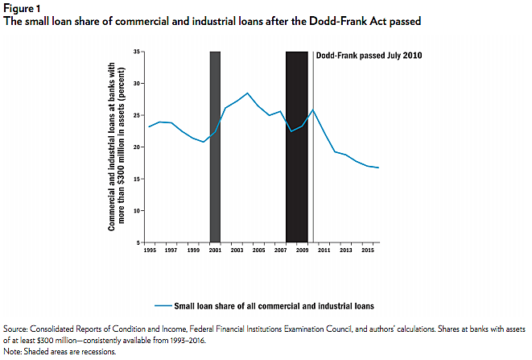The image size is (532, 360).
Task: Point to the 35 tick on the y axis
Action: tap(138, 52)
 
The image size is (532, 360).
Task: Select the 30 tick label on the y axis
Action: tap(138, 84)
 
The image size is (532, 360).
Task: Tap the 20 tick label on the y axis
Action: tap(138, 147)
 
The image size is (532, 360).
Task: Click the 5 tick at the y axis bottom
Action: tap(139, 242)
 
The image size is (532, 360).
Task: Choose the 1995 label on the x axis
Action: tap(150, 251)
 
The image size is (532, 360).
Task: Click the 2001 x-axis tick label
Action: tap(215, 251)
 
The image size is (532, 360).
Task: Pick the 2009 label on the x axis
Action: tap(302, 251)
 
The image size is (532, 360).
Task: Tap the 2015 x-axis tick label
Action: tap(367, 251)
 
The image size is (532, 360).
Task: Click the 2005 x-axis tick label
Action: tap(258, 251)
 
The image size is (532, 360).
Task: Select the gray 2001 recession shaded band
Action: tap(215, 145)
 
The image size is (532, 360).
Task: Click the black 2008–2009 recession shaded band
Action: tap(297, 145)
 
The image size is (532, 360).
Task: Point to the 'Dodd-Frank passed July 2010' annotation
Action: tap(369, 56)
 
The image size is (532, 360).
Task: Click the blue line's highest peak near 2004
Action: tap(247, 93)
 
